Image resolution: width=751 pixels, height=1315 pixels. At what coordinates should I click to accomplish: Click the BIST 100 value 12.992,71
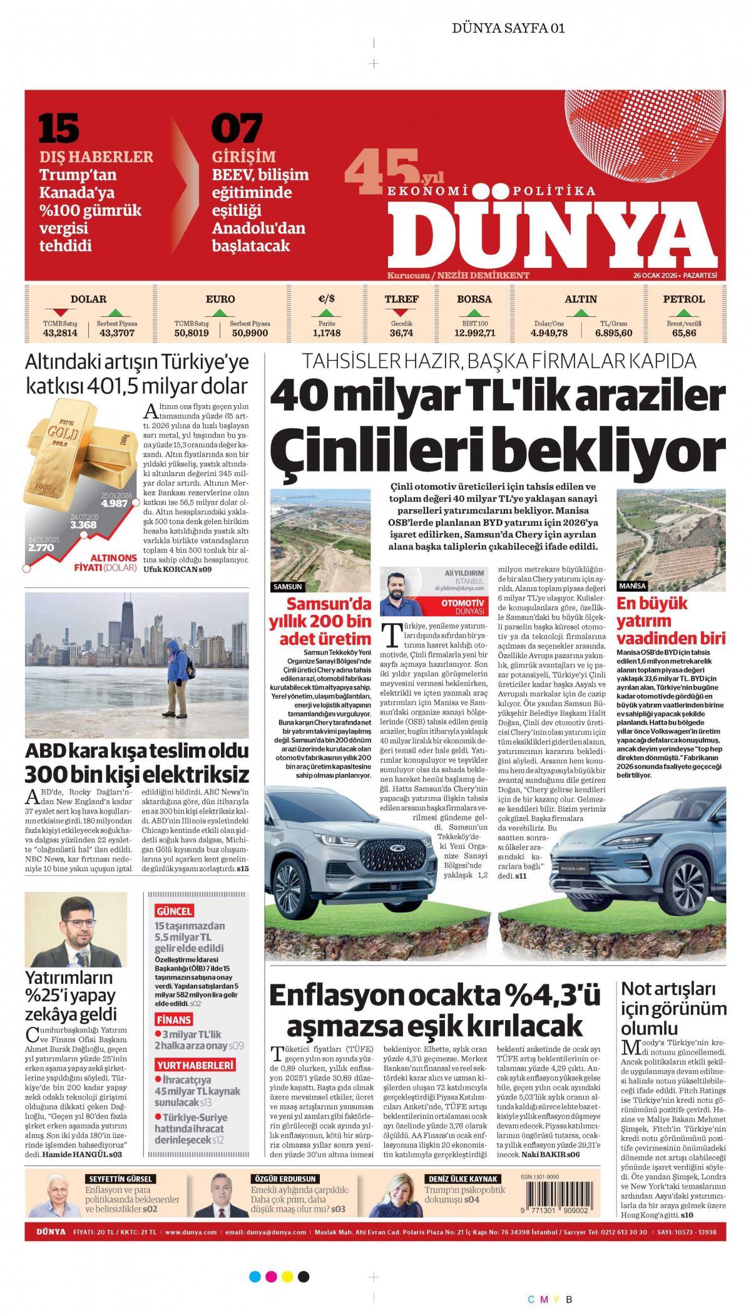point(474,333)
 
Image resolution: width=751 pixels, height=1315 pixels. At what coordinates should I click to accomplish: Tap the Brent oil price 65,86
point(684,333)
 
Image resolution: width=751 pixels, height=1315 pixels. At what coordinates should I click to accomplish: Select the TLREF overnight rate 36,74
point(401,333)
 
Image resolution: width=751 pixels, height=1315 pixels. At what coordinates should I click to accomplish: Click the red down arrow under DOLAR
point(60,312)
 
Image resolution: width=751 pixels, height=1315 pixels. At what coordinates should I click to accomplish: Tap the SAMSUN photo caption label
point(288,587)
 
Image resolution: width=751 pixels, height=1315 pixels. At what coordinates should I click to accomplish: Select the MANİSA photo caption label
point(631,586)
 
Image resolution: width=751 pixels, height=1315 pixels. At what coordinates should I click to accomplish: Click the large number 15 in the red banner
point(59,128)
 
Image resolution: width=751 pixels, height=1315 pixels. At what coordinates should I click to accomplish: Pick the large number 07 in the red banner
point(236,128)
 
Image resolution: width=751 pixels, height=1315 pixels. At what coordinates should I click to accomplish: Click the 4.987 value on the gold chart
point(116,503)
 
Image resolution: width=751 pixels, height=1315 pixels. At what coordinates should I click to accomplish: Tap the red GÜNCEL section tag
point(174,910)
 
